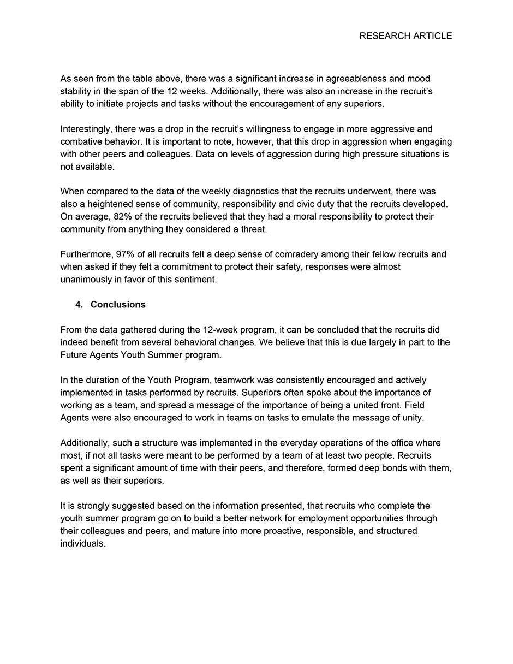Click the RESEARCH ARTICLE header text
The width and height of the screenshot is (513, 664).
(x=405, y=36)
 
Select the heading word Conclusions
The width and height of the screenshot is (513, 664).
(x=118, y=305)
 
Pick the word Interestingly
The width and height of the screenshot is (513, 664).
(x=87, y=129)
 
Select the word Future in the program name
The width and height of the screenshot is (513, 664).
(x=74, y=355)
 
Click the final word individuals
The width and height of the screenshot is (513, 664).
(x=82, y=543)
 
